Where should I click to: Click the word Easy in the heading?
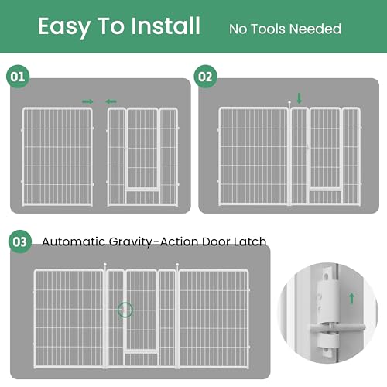(x=64, y=27)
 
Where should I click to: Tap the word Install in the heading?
(x=166, y=26)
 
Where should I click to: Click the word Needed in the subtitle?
(x=317, y=29)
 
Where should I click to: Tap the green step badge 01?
(x=18, y=77)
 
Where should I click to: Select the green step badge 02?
(x=205, y=77)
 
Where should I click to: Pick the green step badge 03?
(x=20, y=241)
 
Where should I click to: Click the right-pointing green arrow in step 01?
(x=87, y=101)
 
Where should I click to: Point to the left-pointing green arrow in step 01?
(x=111, y=101)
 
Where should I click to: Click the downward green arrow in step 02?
(x=300, y=98)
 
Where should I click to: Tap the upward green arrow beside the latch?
(x=351, y=298)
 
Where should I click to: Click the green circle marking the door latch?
(x=125, y=303)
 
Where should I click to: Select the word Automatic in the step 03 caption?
(x=74, y=241)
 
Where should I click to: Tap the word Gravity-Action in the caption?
(x=153, y=242)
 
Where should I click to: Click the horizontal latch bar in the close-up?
(x=337, y=328)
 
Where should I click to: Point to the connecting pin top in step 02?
(x=289, y=103)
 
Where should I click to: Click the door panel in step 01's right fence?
(x=142, y=149)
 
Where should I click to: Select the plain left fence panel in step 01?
(x=57, y=156)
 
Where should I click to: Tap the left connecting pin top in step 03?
(x=105, y=265)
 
